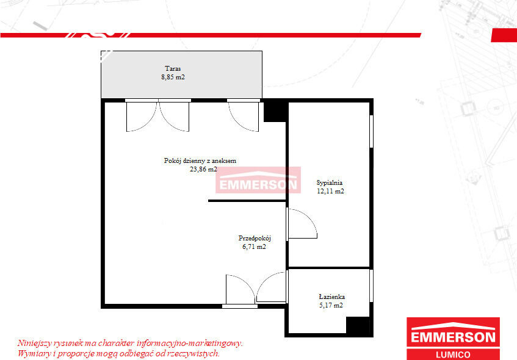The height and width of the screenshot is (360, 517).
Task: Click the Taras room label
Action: click(x=173, y=68)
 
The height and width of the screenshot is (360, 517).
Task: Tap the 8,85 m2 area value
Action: click(x=173, y=77)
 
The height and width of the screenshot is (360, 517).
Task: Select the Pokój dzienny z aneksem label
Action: click(x=200, y=161)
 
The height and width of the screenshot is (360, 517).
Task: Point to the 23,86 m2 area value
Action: click(x=203, y=170)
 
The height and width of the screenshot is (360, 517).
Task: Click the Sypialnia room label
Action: click(x=330, y=182)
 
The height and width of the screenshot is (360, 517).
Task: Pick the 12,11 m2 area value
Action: click(x=330, y=191)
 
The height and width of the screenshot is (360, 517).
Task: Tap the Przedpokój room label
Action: click(x=255, y=238)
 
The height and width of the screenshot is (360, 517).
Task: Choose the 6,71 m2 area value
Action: click(x=254, y=247)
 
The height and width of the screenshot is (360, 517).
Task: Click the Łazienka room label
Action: click(x=331, y=297)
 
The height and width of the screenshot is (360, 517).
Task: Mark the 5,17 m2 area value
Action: click(x=331, y=305)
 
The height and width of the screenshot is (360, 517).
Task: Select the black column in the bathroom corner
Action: click(x=358, y=325)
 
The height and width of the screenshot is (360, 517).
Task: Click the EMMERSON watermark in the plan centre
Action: click(x=258, y=180)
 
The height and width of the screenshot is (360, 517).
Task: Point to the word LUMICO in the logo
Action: click(x=453, y=355)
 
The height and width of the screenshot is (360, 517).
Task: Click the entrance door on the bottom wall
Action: click(x=240, y=290)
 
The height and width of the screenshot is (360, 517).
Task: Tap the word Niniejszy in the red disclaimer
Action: click(x=34, y=343)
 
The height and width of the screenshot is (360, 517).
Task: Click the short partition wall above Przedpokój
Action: click(x=247, y=200)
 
